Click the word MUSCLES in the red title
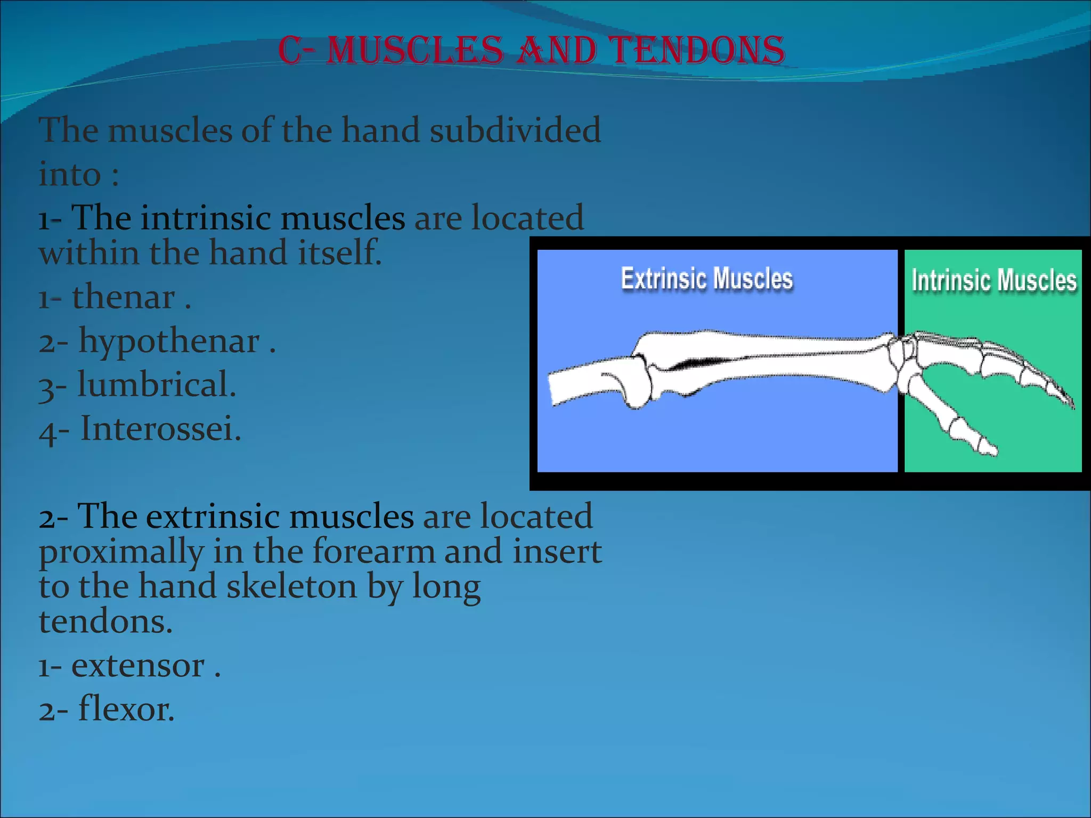click(414, 51)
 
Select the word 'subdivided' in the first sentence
click(515, 130)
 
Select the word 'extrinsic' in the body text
click(212, 516)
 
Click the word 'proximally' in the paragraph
click(121, 552)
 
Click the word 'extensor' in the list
click(138, 666)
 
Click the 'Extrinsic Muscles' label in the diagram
click(706, 279)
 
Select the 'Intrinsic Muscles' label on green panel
click(994, 281)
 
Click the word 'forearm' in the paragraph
click(373, 552)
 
